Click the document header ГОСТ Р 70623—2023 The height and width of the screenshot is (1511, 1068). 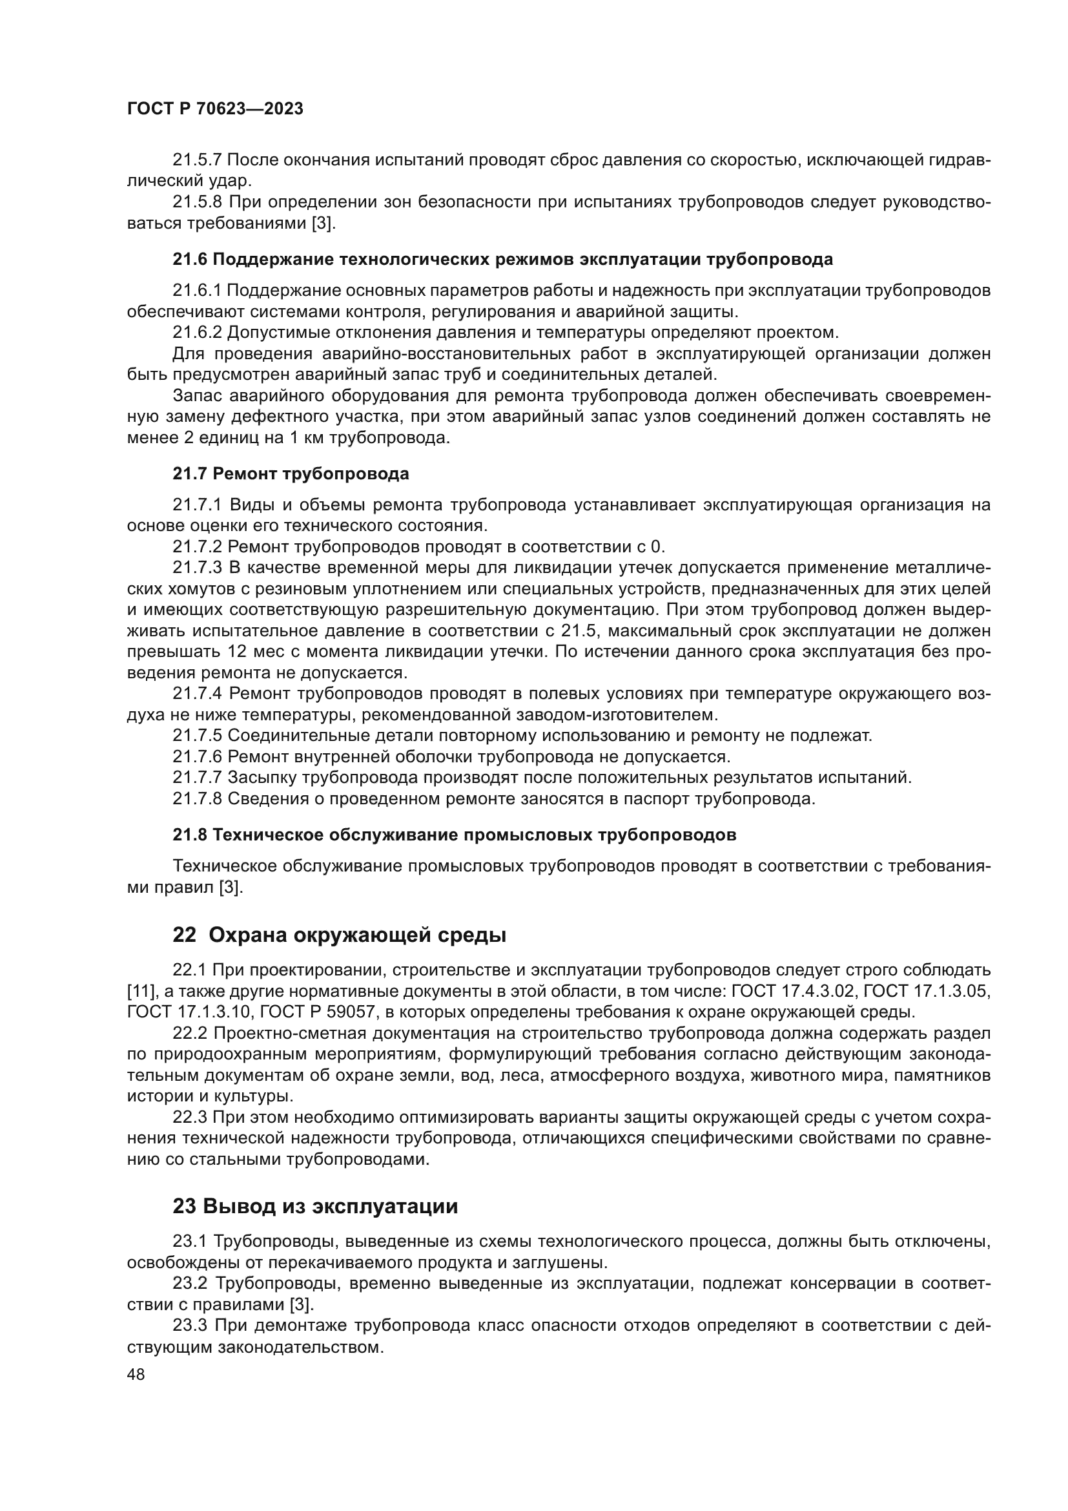pyautogui.click(x=215, y=109)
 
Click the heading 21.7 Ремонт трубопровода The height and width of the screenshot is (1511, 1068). pyautogui.click(x=291, y=474)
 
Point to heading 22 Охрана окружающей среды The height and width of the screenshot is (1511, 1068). pyautogui.click(x=340, y=935)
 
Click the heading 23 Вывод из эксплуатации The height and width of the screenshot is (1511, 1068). pyautogui.click(x=315, y=1206)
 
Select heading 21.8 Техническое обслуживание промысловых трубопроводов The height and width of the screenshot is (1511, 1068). pyautogui.click(x=454, y=835)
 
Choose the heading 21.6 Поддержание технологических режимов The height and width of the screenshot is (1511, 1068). pyautogui.click(x=502, y=259)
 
